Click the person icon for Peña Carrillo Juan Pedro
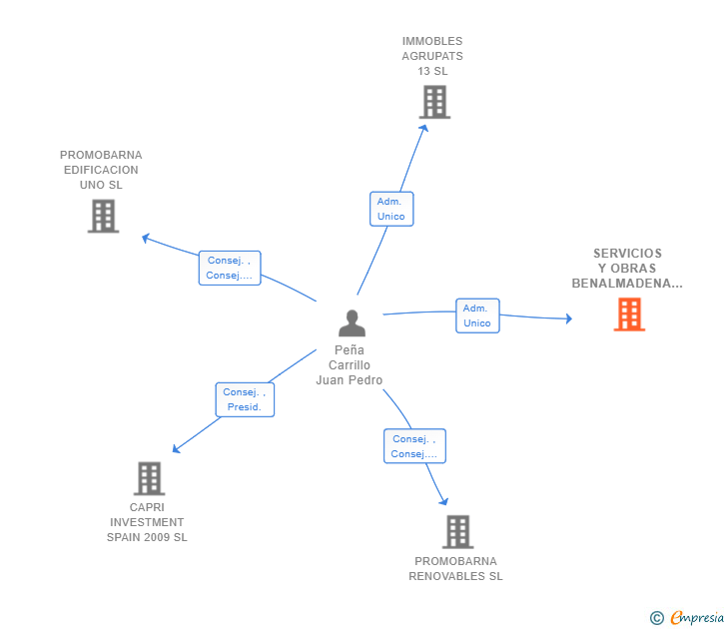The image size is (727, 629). [352, 322]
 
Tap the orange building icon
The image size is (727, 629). [629, 314]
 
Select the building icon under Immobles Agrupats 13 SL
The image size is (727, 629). [433, 102]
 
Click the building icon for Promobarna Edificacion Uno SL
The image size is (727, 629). [103, 216]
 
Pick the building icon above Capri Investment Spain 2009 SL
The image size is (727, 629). [149, 478]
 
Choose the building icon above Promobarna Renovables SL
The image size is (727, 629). [457, 531]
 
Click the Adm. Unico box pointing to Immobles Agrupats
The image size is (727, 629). [389, 209]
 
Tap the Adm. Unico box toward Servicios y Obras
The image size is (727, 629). [477, 315]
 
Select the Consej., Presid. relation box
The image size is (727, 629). [244, 399]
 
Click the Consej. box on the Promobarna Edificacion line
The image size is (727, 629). [229, 268]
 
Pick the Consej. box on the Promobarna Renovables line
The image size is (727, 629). [414, 446]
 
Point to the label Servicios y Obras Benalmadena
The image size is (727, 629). [627, 268]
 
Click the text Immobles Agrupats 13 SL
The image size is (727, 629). [432, 56]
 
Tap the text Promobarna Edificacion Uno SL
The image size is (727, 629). [101, 170]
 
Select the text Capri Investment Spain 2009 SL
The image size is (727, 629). [147, 522]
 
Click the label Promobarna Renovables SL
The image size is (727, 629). [455, 568]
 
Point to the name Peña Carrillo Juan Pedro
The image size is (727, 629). [350, 364]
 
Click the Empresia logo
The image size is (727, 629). [697, 617]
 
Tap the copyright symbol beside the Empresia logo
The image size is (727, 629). [656, 618]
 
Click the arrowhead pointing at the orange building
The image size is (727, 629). [568, 318]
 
